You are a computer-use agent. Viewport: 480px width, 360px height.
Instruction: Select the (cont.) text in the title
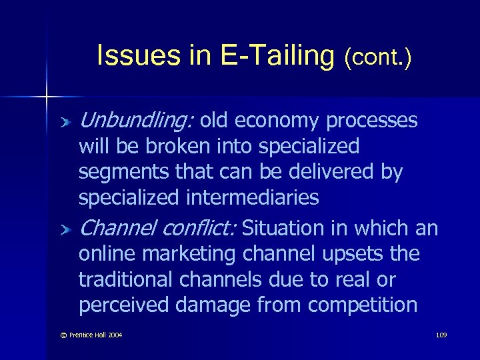click(x=378, y=58)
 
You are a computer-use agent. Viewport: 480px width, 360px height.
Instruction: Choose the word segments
click(x=121, y=173)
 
